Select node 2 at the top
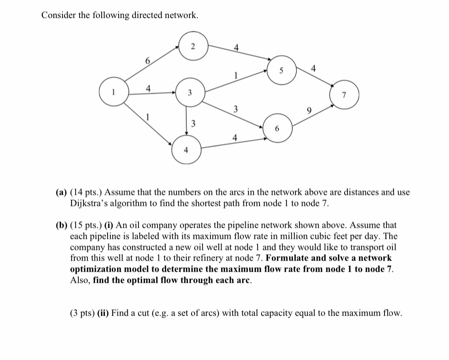192,46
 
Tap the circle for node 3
189,93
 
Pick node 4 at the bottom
186,150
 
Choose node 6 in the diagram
278,129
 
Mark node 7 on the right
344,95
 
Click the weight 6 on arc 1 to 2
148,61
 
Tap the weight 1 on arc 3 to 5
236,74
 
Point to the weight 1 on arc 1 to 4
148,117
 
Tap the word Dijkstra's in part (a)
89,204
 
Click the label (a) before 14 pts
61,193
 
